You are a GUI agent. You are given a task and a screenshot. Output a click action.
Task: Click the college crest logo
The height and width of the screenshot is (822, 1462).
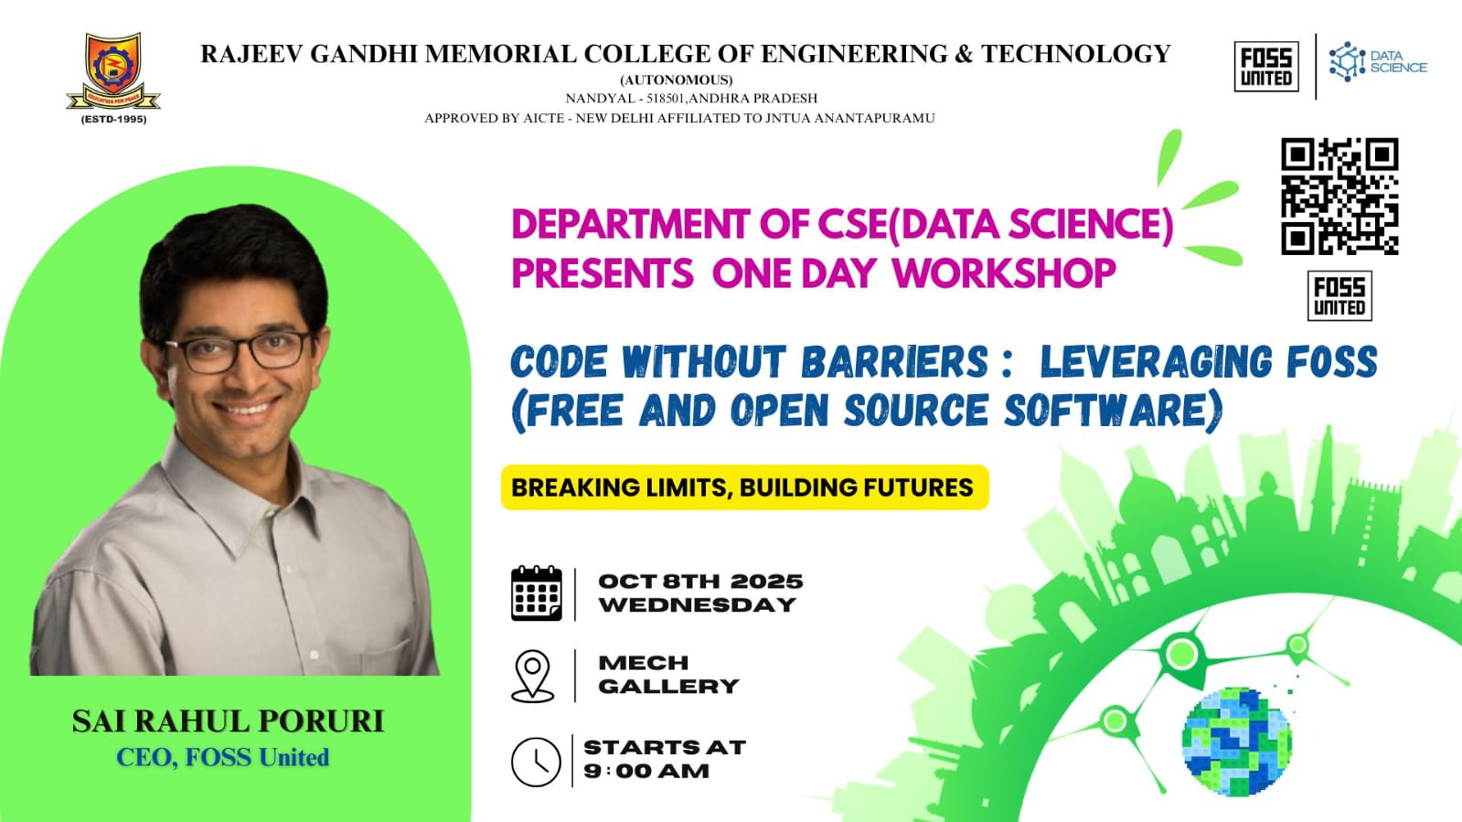pos(113,72)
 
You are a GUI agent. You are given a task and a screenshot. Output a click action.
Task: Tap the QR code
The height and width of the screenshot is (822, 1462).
pos(1339,196)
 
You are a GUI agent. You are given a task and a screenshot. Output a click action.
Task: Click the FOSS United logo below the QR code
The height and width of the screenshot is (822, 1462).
pos(1339,295)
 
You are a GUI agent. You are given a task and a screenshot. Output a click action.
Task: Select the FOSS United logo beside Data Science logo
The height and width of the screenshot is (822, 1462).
pos(1266,66)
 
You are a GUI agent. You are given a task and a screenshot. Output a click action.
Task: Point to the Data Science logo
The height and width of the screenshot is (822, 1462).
pos(1378,61)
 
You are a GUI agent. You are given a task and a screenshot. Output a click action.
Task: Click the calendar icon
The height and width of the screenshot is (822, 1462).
pos(537,592)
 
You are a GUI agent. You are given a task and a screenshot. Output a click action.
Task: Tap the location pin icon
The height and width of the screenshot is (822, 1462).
pos(532,676)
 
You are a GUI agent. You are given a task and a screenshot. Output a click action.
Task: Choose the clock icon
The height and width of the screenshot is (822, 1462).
pos(536,762)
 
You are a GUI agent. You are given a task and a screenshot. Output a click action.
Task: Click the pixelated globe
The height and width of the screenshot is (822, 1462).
pos(1237,741)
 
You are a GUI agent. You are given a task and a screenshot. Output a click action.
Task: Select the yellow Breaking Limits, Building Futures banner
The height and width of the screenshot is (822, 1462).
pos(744,487)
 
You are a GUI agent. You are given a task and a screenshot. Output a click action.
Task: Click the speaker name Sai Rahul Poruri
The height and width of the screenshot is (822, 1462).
pos(228,721)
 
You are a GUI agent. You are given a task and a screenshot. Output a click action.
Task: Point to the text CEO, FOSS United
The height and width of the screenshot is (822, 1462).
pos(222,757)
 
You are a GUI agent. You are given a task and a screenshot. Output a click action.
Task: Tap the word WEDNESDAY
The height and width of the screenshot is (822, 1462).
pos(697,605)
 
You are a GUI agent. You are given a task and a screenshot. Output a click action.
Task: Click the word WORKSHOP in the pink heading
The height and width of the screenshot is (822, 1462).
pos(1004,272)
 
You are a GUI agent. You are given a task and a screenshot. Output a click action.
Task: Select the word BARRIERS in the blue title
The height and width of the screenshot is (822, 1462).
pos(894,362)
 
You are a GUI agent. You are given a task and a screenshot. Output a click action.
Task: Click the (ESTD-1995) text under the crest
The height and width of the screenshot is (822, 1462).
pos(113,120)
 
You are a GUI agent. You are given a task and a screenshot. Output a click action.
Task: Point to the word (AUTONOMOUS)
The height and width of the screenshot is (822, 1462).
pos(677,80)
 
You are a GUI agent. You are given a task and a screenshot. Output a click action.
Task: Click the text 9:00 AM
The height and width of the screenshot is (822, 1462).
pos(646,771)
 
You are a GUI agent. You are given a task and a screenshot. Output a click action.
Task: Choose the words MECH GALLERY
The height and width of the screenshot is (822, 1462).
pos(668,675)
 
